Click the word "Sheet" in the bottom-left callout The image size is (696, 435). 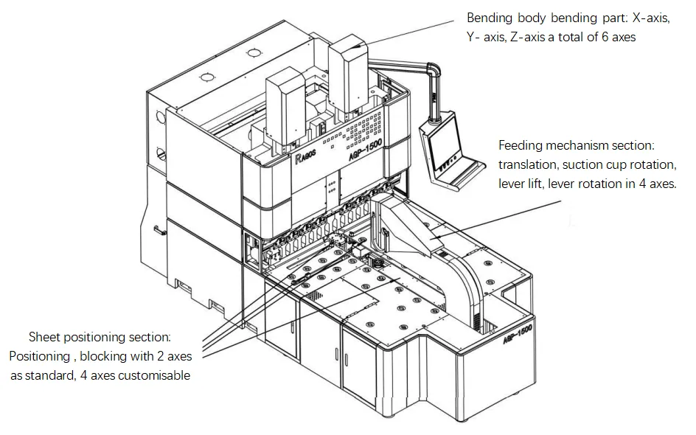pos(43,338)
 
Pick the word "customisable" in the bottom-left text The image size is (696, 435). pos(156,375)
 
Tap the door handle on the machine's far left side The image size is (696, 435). pos(157,229)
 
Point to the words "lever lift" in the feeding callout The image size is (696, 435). pos(524,184)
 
